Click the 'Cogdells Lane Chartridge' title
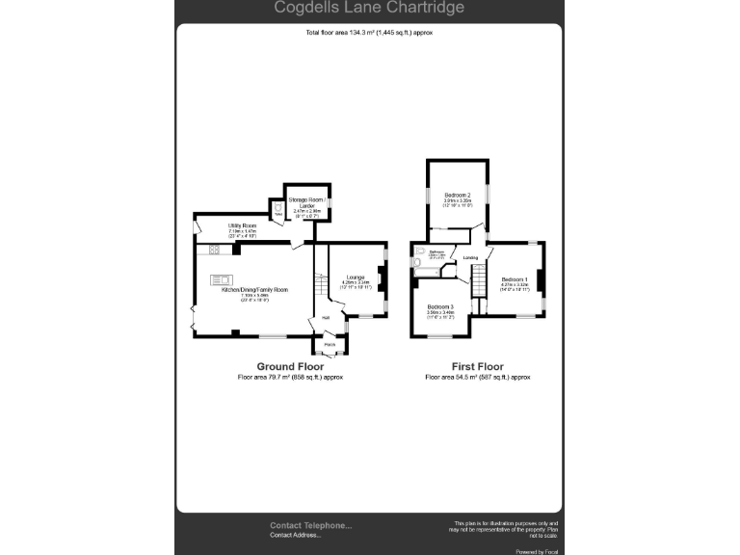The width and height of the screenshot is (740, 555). click(x=369, y=9)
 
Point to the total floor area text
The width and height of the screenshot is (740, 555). click(x=369, y=33)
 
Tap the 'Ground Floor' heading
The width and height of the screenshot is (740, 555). click(x=290, y=367)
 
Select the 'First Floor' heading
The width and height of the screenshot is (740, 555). click(x=478, y=367)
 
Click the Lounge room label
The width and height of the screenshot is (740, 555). click(x=356, y=277)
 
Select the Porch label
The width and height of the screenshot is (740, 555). click(x=329, y=344)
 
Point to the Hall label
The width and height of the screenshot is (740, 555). click(x=326, y=319)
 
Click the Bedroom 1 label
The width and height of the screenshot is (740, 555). click(x=515, y=279)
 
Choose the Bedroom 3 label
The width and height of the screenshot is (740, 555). click(x=440, y=307)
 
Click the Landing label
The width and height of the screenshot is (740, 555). click(x=470, y=257)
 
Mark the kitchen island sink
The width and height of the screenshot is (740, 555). click(x=217, y=280)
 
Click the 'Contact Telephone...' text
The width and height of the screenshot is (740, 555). click(x=310, y=526)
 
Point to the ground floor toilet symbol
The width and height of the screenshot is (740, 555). click(x=277, y=207)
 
